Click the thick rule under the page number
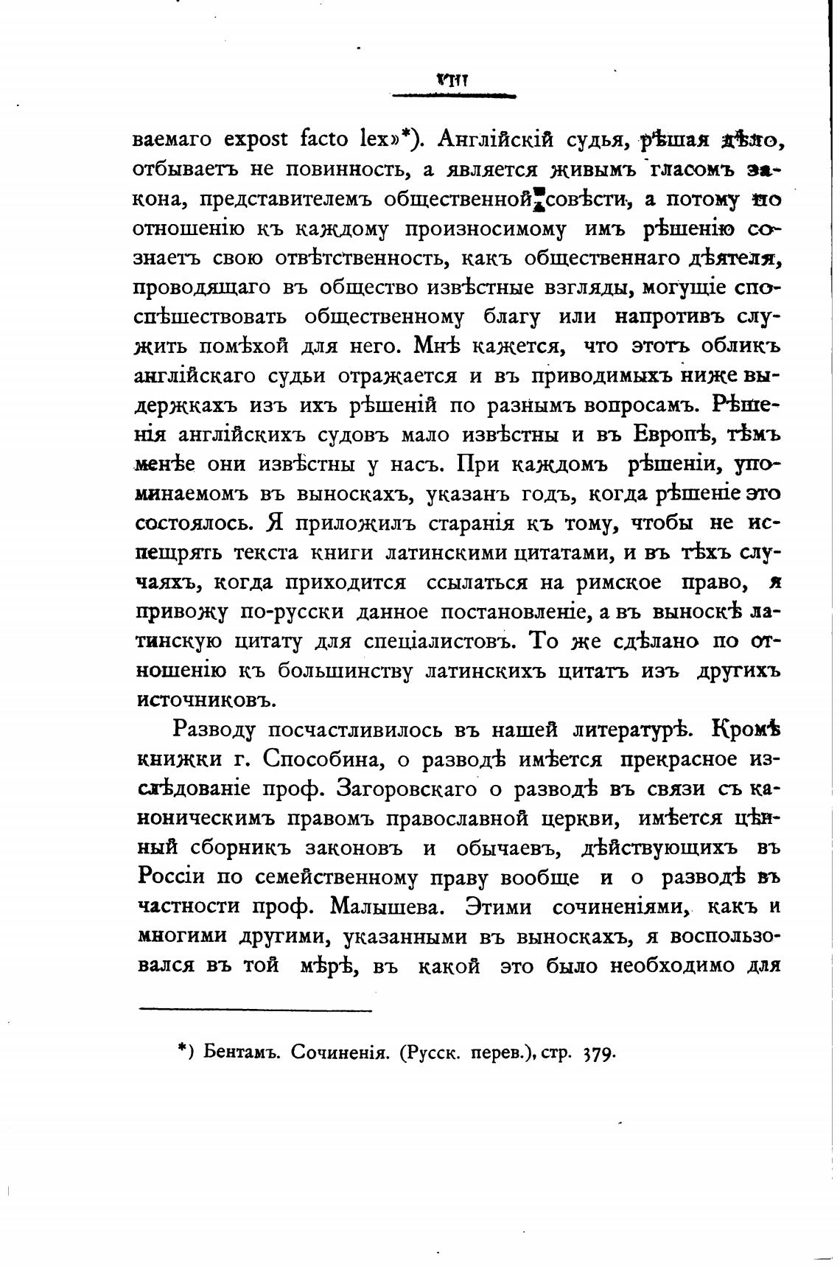point(454,95)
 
